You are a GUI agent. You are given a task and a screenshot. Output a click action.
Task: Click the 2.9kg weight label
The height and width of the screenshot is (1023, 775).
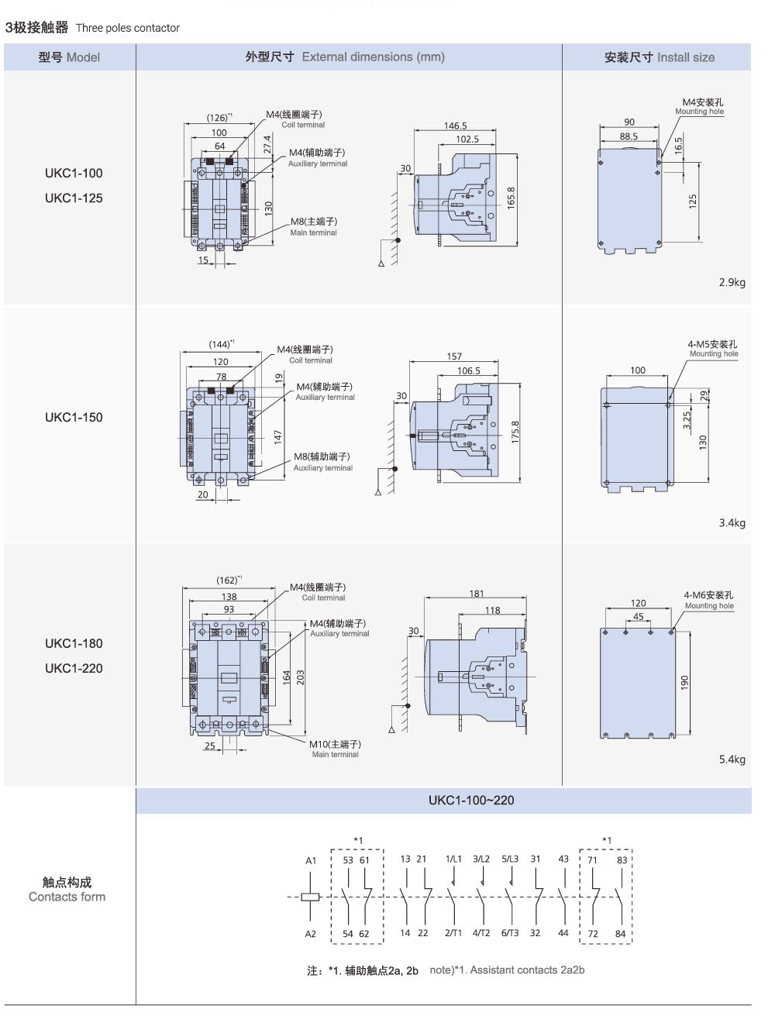732,282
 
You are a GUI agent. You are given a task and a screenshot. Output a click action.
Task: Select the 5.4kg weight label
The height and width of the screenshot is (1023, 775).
732,759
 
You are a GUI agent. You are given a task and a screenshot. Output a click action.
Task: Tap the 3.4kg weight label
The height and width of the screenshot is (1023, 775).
732,523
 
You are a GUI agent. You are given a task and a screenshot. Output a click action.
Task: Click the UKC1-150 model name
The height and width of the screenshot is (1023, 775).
74,417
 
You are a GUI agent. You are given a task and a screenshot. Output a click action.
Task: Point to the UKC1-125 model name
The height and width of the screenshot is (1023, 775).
74,198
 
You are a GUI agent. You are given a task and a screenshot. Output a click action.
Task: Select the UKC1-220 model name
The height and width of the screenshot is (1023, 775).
74,668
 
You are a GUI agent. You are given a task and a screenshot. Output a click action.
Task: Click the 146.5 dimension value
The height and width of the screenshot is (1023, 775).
455,126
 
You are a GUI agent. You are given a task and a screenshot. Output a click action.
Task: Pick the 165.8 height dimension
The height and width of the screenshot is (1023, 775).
511,198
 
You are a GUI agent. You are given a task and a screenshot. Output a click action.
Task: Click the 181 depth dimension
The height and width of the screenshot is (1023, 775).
477,594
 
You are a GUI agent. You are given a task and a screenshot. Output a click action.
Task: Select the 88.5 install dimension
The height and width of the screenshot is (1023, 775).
629,136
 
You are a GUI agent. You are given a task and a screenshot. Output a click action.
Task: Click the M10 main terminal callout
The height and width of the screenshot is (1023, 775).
335,744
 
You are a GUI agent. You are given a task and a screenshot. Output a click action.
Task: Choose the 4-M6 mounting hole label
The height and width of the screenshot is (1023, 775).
708,595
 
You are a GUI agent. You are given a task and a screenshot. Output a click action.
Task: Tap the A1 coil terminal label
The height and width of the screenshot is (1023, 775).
311,860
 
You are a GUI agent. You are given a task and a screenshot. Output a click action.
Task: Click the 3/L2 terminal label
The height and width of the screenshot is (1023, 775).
481,859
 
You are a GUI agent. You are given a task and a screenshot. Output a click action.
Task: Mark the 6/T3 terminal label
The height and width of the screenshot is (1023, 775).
509,933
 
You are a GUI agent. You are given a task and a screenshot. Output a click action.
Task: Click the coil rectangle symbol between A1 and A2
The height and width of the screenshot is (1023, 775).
310,897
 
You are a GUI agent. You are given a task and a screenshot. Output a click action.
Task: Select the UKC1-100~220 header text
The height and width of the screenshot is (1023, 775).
471,800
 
